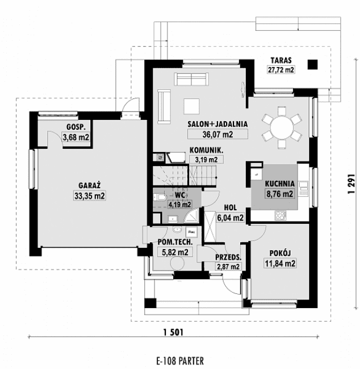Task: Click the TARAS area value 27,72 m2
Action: (x=281, y=70)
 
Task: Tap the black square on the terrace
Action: (x=312, y=64)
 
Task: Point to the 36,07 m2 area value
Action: (x=210, y=135)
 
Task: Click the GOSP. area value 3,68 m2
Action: (x=77, y=136)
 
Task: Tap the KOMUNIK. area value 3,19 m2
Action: (x=206, y=159)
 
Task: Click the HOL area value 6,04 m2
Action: (x=231, y=217)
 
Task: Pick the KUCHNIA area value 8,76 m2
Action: (x=279, y=193)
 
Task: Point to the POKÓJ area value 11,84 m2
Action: (x=279, y=263)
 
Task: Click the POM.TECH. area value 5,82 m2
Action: (x=175, y=252)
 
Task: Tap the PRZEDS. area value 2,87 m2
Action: (x=228, y=266)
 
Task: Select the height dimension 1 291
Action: (x=351, y=185)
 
